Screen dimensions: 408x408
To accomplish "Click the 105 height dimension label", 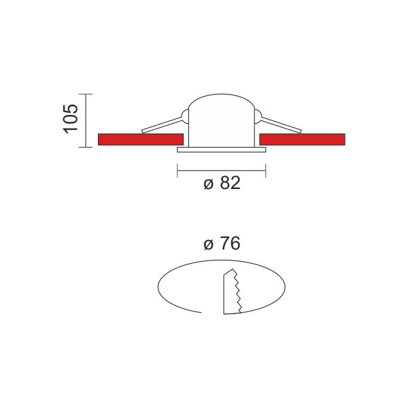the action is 71,119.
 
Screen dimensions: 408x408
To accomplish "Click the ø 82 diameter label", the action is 222,183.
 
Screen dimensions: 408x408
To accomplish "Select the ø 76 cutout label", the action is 222,243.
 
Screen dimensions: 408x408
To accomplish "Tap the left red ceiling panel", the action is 141,139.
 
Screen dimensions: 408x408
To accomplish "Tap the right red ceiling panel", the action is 302,139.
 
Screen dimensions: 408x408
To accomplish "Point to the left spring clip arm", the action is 162,125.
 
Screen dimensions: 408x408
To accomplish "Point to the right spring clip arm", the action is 281,125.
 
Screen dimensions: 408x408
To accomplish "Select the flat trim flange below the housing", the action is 222,150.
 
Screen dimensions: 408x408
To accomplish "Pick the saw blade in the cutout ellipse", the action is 232,292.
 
